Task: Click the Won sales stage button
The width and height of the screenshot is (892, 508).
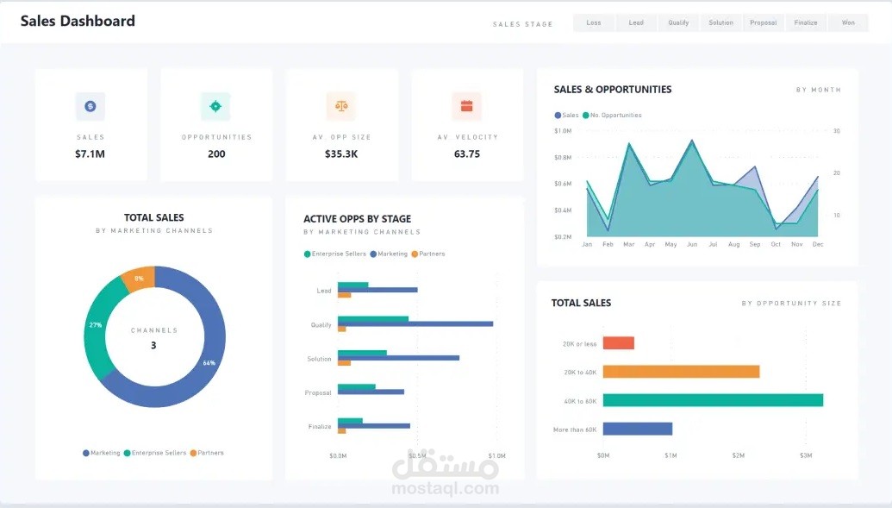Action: (x=848, y=23)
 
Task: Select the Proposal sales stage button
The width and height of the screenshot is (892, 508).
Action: (x=764, y=23)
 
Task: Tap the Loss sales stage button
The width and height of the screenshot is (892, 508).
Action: (x=594, y=23)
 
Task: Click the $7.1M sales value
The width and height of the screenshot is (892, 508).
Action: (x=90, y=154)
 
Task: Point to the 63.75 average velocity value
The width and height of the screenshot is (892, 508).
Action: (x=466, y=154)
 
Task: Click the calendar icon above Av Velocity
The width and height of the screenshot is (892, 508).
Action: (x=466, y=106)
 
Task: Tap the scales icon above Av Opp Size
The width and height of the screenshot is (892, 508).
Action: (x=341, y=106)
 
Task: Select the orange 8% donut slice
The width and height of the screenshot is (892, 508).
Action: (x=139, y=279)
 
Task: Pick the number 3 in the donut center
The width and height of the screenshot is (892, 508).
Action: (x=153, y=346)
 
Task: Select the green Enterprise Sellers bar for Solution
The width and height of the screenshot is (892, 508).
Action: (x=362, y=353)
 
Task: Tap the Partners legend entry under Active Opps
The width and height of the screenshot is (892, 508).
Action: (x=428, y=254)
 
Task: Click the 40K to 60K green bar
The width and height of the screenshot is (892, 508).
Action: (x=713, y=400)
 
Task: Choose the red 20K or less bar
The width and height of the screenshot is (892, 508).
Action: (x=618, y=343)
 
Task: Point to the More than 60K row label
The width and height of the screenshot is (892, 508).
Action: (x=575, y=430)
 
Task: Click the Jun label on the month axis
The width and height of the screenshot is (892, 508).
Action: (x=691, y=245)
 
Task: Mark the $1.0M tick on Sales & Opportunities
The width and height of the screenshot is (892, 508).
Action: (x=563, y=131)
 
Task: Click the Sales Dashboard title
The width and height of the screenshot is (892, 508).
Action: (x=78, y=22)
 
